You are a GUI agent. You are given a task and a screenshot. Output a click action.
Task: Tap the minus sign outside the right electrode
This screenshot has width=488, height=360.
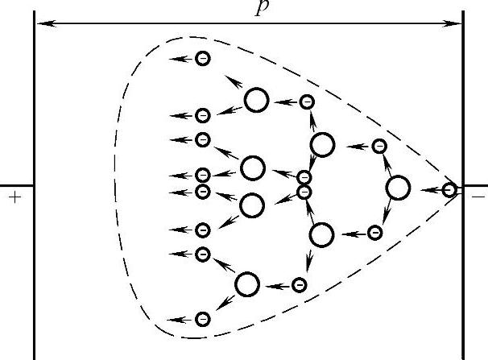478,196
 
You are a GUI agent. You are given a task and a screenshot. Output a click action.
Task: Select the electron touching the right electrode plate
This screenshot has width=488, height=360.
449,190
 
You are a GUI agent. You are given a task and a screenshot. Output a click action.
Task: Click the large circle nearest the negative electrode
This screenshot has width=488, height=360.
398,188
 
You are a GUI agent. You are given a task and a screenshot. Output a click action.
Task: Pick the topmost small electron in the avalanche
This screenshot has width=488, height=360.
203,58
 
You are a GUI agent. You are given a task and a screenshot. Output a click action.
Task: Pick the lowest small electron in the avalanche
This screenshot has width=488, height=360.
203,319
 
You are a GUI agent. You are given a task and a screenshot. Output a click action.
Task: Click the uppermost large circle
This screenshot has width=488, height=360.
256,100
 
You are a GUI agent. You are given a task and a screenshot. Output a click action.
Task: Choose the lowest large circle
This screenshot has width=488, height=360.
247,283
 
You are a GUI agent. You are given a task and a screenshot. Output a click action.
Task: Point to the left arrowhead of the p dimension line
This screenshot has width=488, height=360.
40,23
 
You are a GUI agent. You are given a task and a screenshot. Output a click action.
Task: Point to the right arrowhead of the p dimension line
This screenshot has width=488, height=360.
457,23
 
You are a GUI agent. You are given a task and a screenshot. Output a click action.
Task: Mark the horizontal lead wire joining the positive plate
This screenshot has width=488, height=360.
16,184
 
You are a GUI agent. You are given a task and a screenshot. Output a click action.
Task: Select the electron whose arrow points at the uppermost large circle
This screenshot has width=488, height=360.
307,101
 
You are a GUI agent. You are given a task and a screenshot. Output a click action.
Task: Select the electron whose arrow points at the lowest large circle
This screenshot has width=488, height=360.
299,284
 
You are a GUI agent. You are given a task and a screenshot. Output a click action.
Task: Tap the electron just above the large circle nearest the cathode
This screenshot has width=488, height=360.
378,147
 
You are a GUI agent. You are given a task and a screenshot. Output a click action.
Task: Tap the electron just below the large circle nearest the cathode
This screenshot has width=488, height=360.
374,233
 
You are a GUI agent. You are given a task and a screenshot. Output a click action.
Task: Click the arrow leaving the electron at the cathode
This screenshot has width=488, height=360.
430,190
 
